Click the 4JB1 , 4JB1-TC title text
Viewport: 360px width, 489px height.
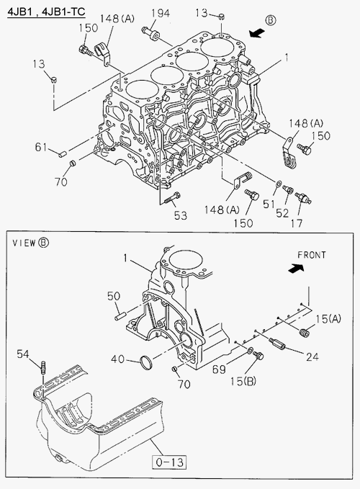46,12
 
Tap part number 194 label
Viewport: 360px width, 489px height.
161,14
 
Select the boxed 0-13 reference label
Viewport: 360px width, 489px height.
169,462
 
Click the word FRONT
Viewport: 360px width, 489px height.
311,255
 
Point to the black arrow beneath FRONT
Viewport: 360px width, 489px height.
296,268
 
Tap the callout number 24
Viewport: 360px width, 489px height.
312,356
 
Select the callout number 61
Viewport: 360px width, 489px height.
41,147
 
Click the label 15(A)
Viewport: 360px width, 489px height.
328,318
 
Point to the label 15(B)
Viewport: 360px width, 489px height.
243,381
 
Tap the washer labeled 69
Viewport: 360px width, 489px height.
250,351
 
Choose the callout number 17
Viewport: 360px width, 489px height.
297,223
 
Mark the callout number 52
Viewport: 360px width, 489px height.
282,213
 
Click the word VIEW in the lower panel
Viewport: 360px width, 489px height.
24,243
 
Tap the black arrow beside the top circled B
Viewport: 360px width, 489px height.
258,32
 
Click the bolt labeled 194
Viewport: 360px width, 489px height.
150,32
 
